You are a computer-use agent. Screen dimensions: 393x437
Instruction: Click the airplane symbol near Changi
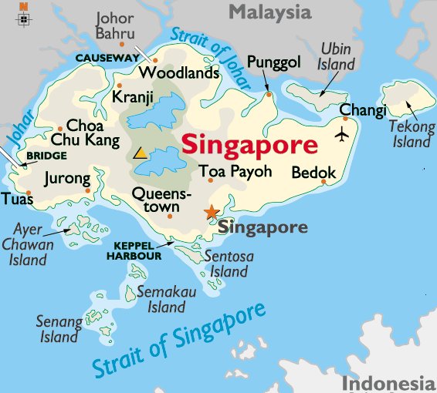(x=343, y=135)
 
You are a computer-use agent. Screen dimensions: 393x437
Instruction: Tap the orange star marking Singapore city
(x=211, y=212)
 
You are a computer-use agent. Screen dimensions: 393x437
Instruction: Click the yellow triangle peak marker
(x=141, y=153)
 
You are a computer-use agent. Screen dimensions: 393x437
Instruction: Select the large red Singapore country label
(x=249, y=145)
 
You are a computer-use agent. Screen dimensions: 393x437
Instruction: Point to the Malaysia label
(x=269, y=12)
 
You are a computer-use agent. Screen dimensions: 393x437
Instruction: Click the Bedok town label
(x=313, y=173)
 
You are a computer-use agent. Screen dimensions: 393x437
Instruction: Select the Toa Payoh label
(x=235, y=171)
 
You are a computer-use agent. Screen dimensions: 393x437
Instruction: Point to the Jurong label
(x=67, y=179)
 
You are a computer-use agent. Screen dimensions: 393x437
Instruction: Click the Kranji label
(x=132, y=97)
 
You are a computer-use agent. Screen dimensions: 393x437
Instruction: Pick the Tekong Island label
(x=411, y=134)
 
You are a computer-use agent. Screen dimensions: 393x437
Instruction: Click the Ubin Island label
(x=337, y=56)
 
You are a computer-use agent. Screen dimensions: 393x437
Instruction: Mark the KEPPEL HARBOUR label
(x=138, y=250)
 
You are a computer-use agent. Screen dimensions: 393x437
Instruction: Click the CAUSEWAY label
(x=105, y=57)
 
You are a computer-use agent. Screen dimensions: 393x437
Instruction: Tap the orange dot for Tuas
(x=29, y=193)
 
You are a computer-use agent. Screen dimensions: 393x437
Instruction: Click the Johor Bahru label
(x=115, y=25)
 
